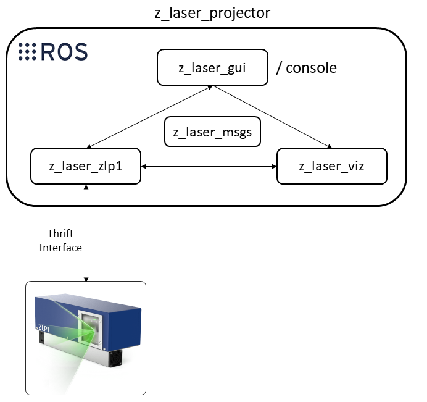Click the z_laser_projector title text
click(x=212, y=12)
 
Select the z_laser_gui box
click(x=212, y=68)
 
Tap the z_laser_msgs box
click(x=212, y=132)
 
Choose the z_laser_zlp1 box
click(x=86, y=166)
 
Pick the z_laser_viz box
click(x=332, y=166)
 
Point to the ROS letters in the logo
click(x=64, y=52)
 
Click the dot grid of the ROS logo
click(x=27, y=52)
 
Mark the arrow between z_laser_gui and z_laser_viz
click(x=273, y=117)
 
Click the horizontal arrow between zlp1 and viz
click(x=209, y=167)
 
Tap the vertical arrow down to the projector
click(x=86, y=232)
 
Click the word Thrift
click(x=60, y=233)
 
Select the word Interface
click(x=60, y=247)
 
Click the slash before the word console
click(x=279, y=68)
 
